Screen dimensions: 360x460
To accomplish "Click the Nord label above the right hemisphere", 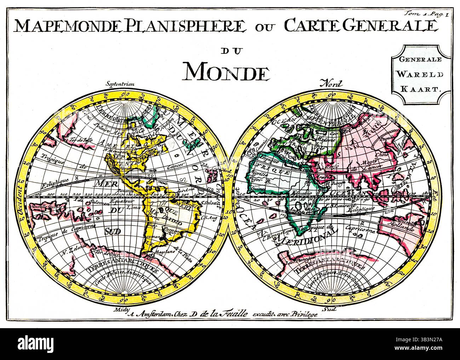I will click(x=331, y=84).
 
